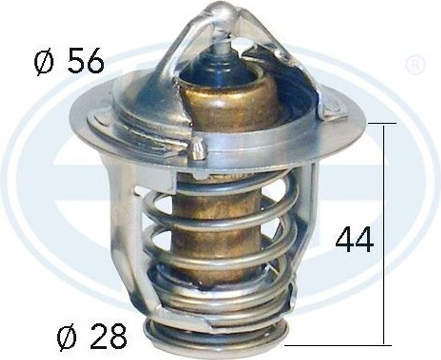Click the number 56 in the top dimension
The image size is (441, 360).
(85, 61)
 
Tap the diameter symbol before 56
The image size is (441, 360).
(45, 62)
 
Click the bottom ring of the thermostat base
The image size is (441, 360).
(215, 340)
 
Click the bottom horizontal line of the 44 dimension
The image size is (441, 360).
(338, 345)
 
